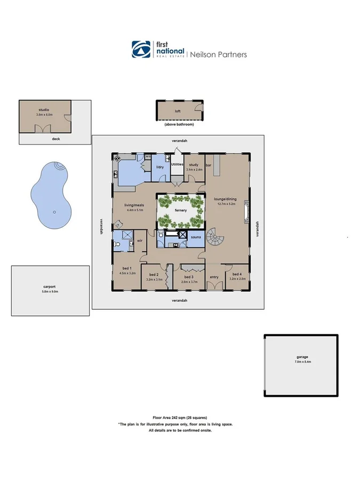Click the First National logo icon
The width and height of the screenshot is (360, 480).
(x=140, y=49)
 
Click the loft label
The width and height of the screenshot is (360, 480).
(x=178, y=111)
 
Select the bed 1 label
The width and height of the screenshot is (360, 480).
(x=127, y=269)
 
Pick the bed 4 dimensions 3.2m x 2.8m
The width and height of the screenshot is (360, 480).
(x=237, y=278)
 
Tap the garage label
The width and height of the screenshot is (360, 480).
(x=302, y=357)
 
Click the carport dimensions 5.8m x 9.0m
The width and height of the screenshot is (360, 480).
(x=50, y=291)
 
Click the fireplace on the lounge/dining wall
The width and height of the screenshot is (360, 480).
(x=246, y=210)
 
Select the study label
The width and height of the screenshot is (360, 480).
(x=194, y=165)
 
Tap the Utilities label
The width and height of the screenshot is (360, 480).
(x=177, y=165)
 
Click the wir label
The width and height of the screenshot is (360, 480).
(x=139, y=241)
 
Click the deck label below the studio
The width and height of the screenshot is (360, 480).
(x=55, y=139)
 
